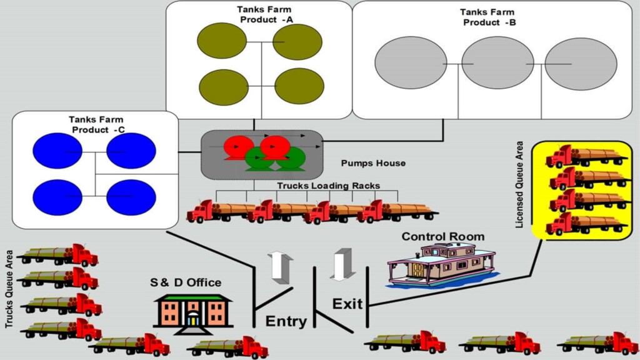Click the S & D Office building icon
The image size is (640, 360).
(193, 311)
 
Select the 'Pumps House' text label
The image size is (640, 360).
(373, 163)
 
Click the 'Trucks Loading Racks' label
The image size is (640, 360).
(328, 186)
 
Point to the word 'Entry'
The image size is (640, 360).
(286, 322)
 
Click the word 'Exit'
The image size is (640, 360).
(347, 304)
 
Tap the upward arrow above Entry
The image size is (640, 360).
(279, 267)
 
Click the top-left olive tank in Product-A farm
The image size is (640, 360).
(222, 41)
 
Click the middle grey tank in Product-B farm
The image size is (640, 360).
(489, 63)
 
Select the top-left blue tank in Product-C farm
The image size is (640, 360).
(56, 151)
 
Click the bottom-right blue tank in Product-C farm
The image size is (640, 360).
(131, 197)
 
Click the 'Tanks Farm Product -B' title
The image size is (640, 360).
(487, 17)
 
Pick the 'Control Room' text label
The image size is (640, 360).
(442, 237)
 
